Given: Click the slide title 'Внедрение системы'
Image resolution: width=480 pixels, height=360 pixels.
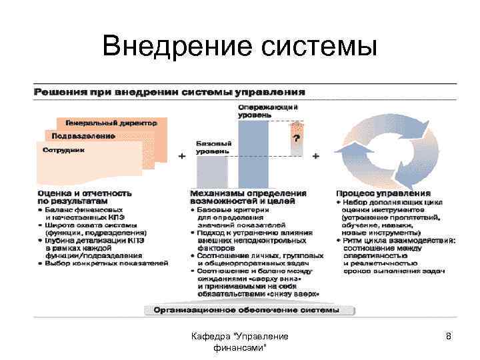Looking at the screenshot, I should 240,47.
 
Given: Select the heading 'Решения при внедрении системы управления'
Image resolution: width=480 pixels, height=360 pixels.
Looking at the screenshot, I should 170,91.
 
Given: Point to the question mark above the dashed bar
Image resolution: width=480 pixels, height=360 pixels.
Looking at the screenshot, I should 296,138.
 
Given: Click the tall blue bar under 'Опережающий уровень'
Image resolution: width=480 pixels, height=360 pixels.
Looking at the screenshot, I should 253,153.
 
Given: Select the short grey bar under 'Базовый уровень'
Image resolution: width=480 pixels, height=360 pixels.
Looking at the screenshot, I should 212,171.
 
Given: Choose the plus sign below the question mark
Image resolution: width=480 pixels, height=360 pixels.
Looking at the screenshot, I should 315,156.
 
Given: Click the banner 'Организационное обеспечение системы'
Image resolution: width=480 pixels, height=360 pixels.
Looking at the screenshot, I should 247,310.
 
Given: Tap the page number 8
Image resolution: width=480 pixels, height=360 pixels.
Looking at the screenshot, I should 449,337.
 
